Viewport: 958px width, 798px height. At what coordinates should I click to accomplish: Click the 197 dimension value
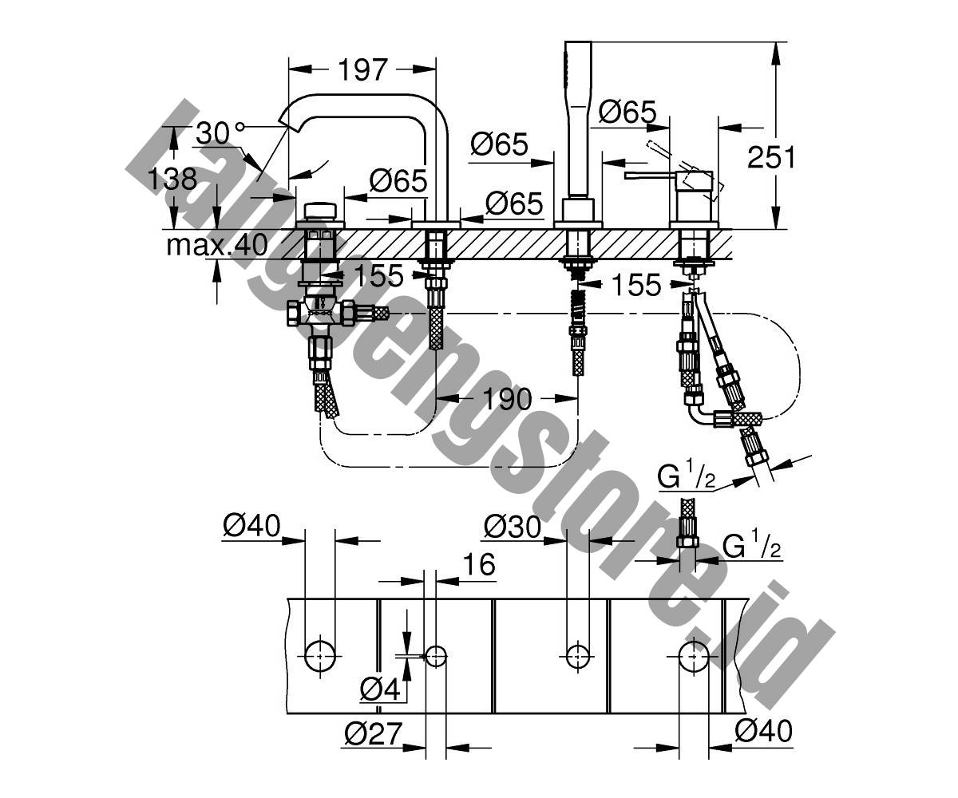363,69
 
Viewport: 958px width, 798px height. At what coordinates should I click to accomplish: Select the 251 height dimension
771,157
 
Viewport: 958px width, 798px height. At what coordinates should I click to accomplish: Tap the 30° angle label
220,133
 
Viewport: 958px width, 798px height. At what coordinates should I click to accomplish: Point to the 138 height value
172,179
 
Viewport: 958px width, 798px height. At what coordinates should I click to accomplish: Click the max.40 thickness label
217,245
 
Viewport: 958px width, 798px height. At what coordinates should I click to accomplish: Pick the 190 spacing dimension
508,399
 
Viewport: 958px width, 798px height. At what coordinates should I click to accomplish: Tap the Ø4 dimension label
380,689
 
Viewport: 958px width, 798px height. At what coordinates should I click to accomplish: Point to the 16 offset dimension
480,563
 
